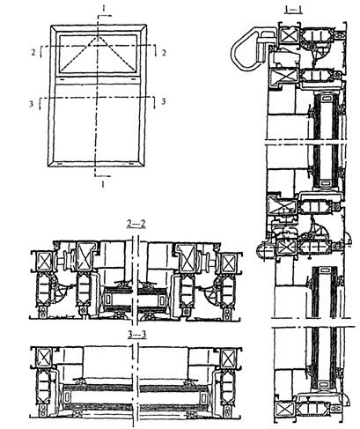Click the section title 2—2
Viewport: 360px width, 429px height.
[x=136, y=224]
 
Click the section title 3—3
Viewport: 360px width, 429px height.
[x=137, y=335]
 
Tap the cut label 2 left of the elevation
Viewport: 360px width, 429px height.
[x=33, y=53]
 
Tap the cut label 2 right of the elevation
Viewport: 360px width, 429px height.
[x=164, y=53]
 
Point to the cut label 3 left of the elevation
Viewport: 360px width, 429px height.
[x=32, y=104]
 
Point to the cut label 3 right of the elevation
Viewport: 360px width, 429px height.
[x=164, y=101]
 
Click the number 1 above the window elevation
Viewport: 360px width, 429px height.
[x=103, y=9]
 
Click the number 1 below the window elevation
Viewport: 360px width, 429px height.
[x=103, y=184]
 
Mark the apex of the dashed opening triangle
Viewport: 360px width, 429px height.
[x=98, y=37]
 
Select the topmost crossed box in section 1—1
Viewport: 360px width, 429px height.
[x=289, y=35]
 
